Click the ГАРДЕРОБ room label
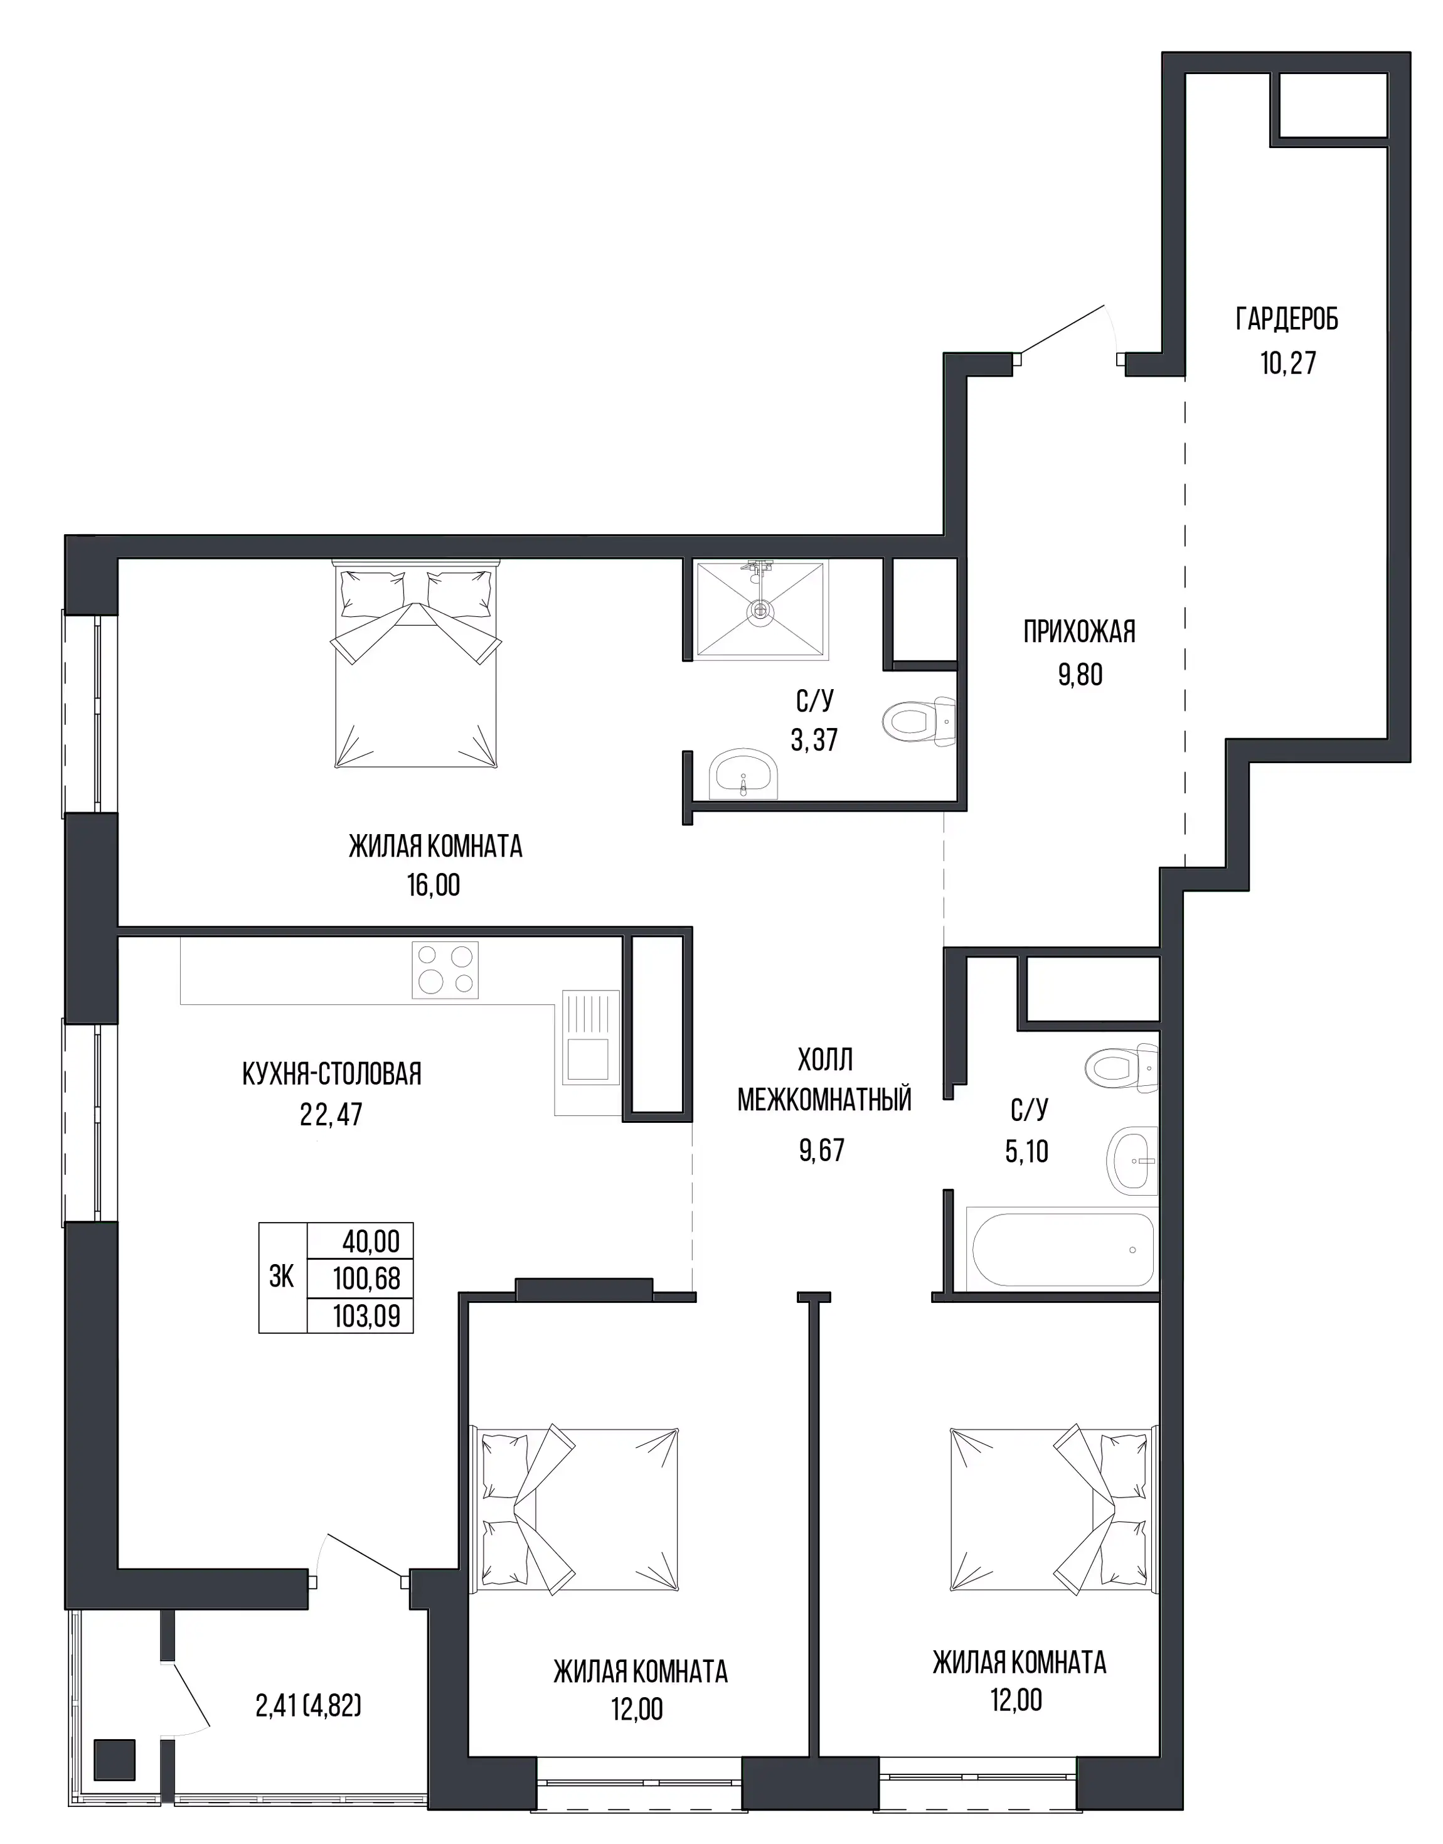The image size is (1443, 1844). [1287, 319]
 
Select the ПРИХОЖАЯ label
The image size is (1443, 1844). [1079, 631]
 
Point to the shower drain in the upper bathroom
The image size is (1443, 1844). [760, 608]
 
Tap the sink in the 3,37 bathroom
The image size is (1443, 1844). [743, 773]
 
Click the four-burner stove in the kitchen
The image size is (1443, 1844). [445, 969]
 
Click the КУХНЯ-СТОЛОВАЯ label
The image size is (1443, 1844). [331, 1074]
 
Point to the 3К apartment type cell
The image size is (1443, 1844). [282, 1277]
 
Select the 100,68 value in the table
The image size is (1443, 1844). [366, 1278]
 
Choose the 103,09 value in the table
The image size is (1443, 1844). [366, 1315]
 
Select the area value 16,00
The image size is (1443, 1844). [434, 885]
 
